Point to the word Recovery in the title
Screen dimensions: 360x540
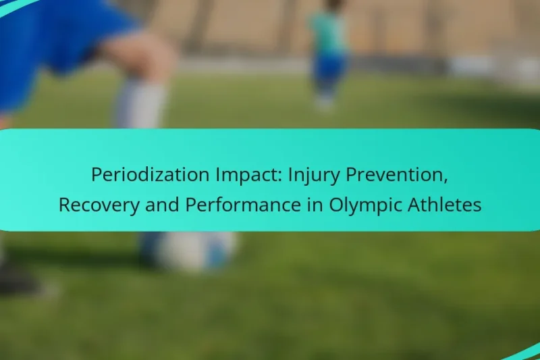point(95,205)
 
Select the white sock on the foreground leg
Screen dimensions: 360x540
point(142,105)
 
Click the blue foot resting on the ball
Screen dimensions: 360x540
point(153,247)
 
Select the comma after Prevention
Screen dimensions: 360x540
point(446,181)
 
